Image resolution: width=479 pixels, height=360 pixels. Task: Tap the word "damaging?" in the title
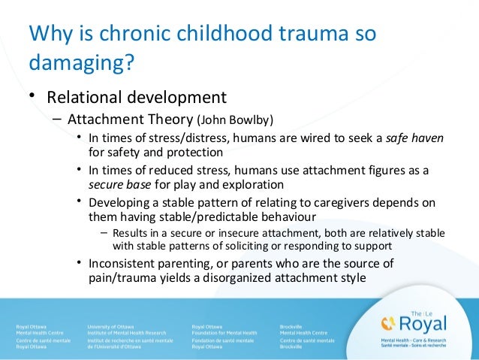(81, 65)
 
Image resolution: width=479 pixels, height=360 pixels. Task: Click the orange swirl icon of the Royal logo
(387, 323)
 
